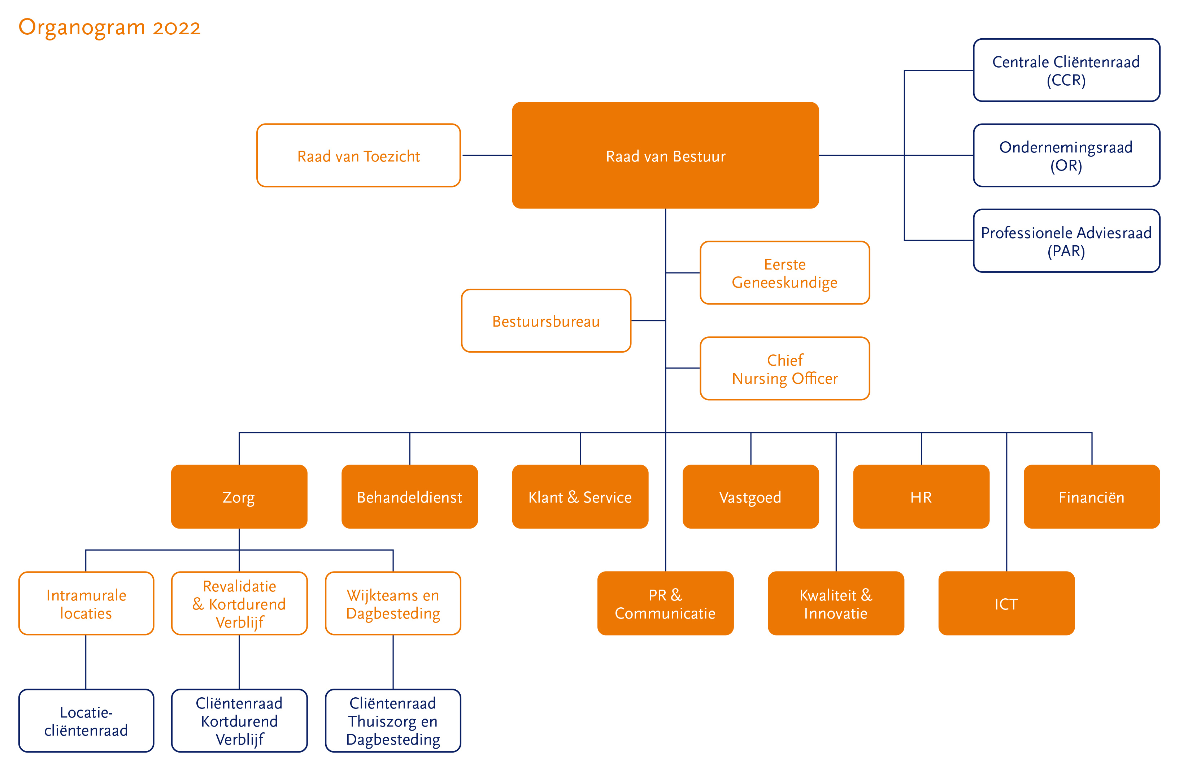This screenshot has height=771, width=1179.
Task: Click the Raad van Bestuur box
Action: tap(665, 155)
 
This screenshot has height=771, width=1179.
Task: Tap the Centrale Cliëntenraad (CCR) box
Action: tap(1066, 70)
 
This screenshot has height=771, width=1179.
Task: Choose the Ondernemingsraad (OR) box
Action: tap(1066, 155)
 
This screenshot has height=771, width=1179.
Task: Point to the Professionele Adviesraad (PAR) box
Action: tap(1066, 241)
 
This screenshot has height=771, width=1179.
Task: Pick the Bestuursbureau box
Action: tap(545, 321)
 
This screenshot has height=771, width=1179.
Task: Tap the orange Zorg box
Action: tap(239, 496)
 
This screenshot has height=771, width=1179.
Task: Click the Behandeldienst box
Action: tap(409, 496)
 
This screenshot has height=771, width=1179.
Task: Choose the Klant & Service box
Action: tap(580, 496)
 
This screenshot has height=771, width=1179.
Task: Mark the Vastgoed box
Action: tap(750, 496)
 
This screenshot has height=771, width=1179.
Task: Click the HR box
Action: tap(921, 496)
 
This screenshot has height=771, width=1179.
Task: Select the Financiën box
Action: tap(1091, 496)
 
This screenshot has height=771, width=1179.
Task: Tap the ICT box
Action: tap(1006, 603)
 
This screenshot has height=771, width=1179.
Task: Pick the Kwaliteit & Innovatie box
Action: tap(835, 603)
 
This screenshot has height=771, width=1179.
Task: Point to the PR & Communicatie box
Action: tap(665, 603)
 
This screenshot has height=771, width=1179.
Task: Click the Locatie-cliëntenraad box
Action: tap(86, 720)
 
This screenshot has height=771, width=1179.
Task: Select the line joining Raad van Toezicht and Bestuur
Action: tap(487, 155)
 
